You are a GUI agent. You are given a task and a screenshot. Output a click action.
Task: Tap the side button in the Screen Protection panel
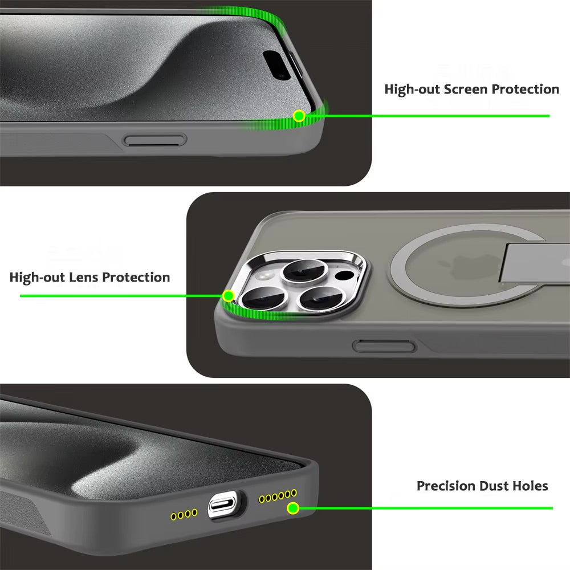pos(156,140)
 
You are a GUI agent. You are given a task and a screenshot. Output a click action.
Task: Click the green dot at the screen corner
pos(299,116)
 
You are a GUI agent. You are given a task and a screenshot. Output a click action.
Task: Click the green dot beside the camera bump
pos(228,296)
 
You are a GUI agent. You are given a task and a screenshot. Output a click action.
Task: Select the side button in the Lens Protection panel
pos(383,345)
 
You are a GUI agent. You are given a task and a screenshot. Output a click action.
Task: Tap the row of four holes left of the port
pos(184,515)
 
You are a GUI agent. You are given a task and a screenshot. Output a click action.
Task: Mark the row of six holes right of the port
pos(278,495)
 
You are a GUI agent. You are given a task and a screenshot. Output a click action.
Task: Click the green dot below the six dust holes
pos(293,508)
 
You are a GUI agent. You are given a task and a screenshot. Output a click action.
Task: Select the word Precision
pos(446,486)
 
